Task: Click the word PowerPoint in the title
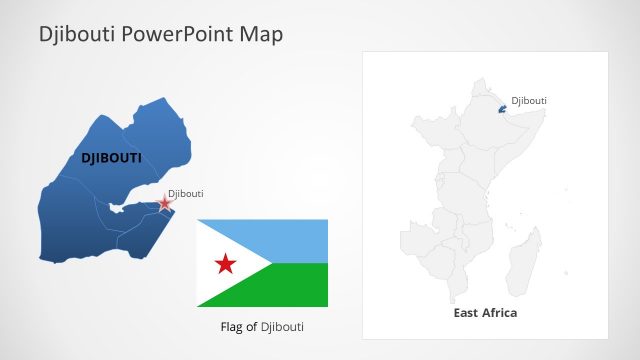click(x=174, y=35)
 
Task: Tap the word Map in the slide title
click(x=261, y=35)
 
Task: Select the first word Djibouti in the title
click(x=75, y=35)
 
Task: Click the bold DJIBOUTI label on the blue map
click(x=110, y=158)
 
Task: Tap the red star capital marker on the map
click(x=165, y=203)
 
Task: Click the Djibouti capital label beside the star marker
click(x=185, y=193)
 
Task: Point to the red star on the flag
click(x=226, y=263)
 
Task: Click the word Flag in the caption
click(x=232, y=327)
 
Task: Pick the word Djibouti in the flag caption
click(x=282, y=327)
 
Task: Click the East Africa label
click(x=485, y=313)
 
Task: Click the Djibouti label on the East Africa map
click(x=529, y=100)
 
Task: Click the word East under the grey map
click(x=465, y=313)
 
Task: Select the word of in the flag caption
click(x=253, y=327)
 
